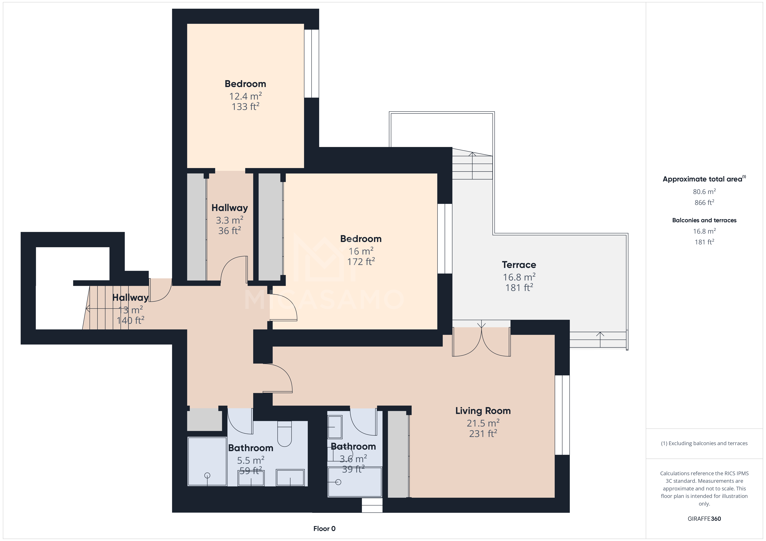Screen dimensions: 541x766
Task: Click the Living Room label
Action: pyautogui.click(x=483, y=411)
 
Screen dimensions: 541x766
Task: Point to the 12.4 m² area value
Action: pyautogui.click(x=245, y=96)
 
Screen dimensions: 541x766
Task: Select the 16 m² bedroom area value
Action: pyautogui.click(x=361, y=251)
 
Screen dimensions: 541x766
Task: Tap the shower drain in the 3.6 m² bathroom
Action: pyautogui.click(x=338, y=482)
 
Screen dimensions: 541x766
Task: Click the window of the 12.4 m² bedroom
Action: pyautogui.click(x=312, y=64)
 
